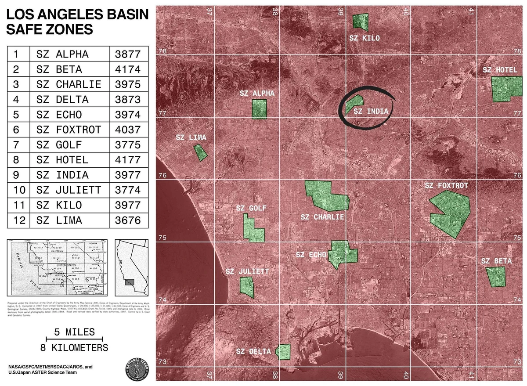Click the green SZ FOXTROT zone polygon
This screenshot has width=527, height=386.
point(452,211)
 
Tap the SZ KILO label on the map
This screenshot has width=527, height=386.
point(364,38)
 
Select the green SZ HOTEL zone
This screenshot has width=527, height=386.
point(505,89)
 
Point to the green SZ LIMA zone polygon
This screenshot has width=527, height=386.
point(200,152)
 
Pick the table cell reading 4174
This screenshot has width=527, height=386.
point(127,69)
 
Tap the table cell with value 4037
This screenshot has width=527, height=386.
point(127,130)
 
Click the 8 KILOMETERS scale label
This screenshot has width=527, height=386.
point(74,348)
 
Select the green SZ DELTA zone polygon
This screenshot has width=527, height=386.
point(283,352)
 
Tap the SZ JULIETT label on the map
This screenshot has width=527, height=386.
point(247,271)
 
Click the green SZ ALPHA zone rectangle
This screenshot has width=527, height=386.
point(259,109)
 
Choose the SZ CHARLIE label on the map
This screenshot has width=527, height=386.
point(322,217)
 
